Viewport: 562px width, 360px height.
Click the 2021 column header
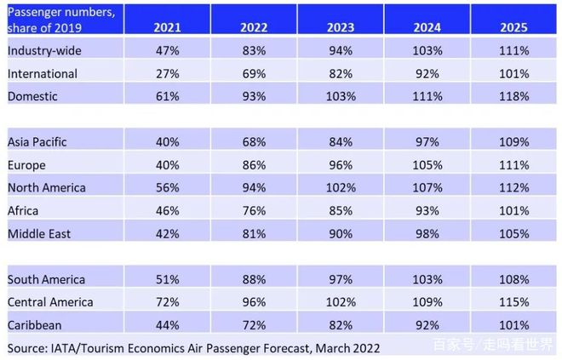click(x=167, y=27)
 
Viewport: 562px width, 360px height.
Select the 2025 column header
click(x=513, y=27)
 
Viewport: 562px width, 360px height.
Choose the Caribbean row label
click(x=35, y=324)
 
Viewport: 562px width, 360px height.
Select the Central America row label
click(x=49, y=301)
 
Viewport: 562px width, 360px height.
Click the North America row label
click(x=48, y=187)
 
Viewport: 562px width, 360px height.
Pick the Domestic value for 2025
click(x=513, y=97)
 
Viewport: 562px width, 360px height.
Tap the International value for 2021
click(x=167, y=74)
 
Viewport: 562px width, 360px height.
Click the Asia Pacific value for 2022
click(x=253, y=141)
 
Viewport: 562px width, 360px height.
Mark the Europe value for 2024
click(x=426, y=164)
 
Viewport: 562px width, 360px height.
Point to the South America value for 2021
click(x=167, y=278)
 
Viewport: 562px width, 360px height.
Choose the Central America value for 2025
click(x=513, y=301)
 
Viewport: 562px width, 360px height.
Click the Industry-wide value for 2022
click(x=253, y=51)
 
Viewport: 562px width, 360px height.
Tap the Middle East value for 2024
click(x=426, y=233)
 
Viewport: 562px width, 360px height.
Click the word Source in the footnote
click(x=27, y=347)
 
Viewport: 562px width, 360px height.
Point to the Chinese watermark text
click(x=492, y=345)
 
